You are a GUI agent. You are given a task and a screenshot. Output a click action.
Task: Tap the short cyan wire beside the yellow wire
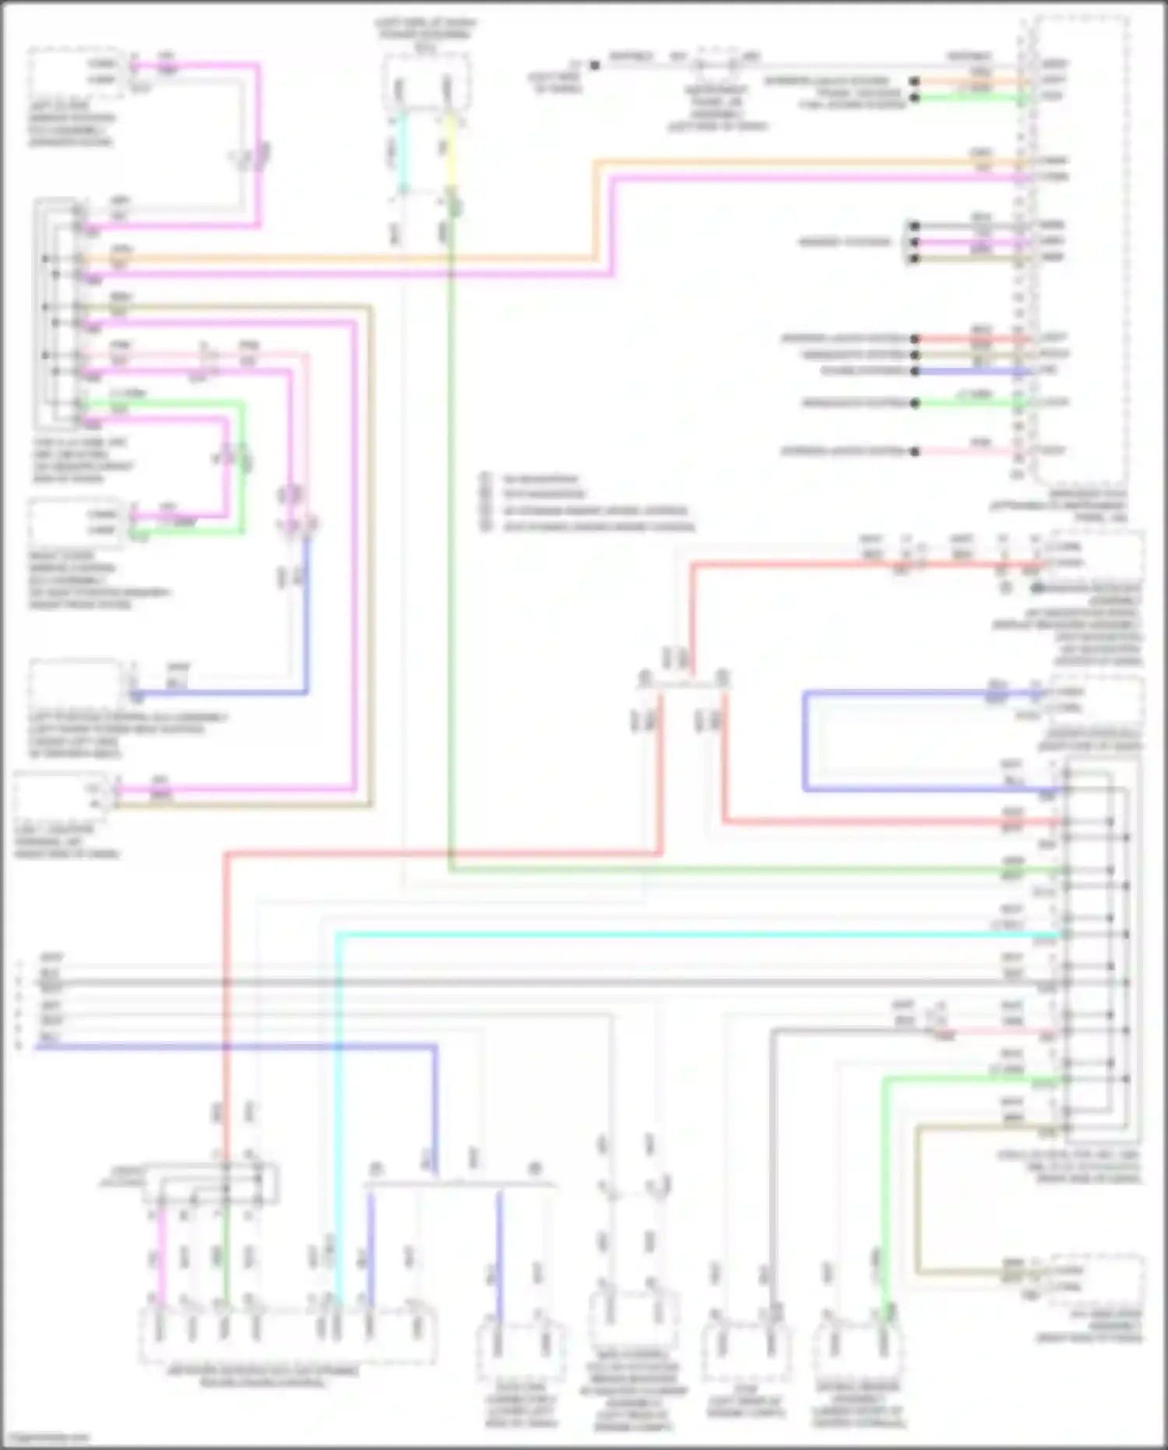point(402,152)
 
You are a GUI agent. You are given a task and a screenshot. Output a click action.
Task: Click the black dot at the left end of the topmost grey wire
point(594,65)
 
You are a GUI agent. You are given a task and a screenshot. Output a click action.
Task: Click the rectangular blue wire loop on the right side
point(805,740)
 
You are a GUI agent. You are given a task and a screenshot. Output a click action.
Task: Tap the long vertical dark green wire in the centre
point(450,545)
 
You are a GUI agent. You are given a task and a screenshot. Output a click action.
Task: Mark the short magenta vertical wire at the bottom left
point(162,1254)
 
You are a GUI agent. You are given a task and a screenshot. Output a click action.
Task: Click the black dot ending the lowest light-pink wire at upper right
point(916,451)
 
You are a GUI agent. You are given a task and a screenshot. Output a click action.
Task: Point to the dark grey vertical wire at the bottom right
point(772,1169)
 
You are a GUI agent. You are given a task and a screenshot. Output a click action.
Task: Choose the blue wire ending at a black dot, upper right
point(916,371)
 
